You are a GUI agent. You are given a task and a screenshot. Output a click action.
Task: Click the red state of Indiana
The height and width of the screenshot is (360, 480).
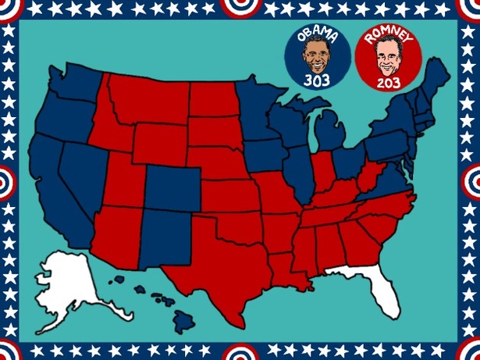coord(322,172)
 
